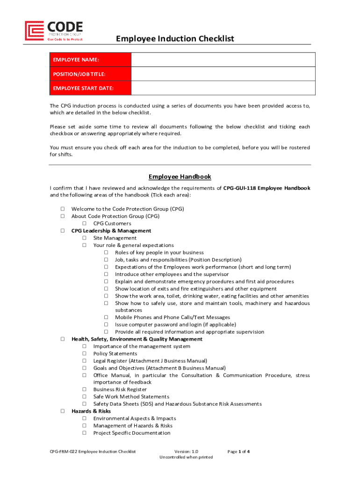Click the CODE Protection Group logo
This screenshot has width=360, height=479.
pos(54,31)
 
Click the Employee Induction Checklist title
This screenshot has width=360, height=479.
pos(175,38)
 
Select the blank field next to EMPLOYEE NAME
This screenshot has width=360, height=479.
pos(223,60)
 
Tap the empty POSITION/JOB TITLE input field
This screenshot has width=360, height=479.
pos(223,74)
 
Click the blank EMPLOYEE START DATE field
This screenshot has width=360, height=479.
pos(223,88)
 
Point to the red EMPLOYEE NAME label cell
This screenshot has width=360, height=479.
pos(90,60)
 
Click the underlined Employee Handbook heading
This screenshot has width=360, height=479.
pos(180,177)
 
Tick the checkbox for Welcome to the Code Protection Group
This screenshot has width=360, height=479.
pos(62,209)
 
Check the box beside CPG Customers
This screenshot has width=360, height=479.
pos(85,224)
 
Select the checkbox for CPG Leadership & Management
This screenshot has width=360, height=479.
pos(62,231)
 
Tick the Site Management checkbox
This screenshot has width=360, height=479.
pos(85,238)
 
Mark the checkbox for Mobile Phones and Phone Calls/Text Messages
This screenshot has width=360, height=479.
pos(106,318)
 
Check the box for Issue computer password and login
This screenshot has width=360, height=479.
pos(106,325)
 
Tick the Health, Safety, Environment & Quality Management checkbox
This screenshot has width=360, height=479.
pos(62,339)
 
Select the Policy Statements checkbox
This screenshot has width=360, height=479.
pos(85,354)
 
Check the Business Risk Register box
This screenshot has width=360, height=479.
pos(85,390)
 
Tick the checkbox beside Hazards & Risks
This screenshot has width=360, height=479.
pos(62,411)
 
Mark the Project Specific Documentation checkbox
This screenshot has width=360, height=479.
pos(85,433)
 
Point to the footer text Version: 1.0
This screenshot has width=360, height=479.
pos(186,451)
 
